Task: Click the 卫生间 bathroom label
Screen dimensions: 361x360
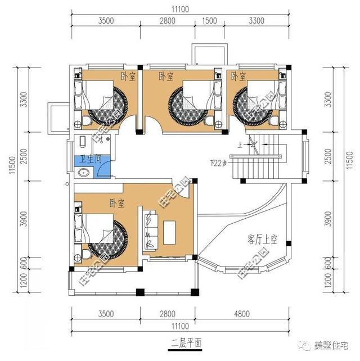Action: (89, 159)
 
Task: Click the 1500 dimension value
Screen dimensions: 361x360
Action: (209, 21)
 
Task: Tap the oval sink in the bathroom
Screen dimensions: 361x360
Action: (83, 173)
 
